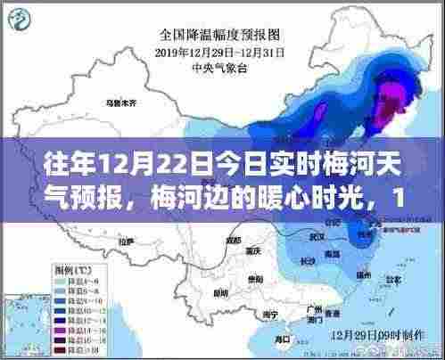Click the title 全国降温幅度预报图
(219, 35)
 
